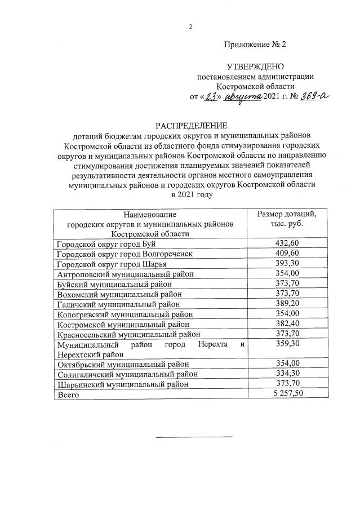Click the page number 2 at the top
pos(191,27)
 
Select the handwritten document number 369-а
pos(313,96)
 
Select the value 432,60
pos(287,243)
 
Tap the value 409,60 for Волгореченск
pos(287,254)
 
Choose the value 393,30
pos(287,264)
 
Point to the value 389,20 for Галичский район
pos(287,304)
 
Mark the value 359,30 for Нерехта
pos(287,344)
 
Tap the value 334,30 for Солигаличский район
pos(287,374)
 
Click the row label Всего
pos(68,395)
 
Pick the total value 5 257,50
pos(287,394)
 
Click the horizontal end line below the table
pos(193,436)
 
